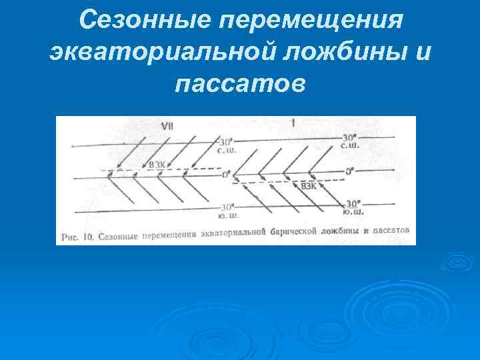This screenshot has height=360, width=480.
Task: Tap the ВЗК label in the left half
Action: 158,165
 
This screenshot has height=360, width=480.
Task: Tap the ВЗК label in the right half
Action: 309,186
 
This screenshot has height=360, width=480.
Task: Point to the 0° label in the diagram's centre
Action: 227,175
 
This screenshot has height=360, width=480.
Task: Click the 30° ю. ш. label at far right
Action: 353,207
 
